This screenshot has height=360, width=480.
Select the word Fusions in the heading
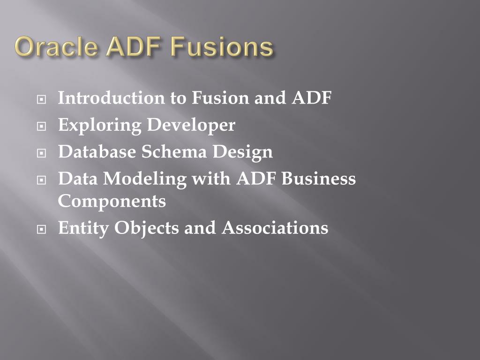click(x=221, y=48)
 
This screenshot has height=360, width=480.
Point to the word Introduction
click(x=111, y=98)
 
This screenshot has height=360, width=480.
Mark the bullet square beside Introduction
click(x=42, y=100)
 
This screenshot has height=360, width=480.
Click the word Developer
click(x=191, y=126)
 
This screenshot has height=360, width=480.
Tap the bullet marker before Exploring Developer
click(x=42, y=127)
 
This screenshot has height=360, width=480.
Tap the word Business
click(x=319, y=179)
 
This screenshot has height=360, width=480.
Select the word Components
click(x=112, y=202)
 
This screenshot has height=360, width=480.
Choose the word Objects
click(x=147, y=228)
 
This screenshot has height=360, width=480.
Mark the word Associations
click(x=275, y=228)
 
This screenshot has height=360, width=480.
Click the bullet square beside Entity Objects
click(x=42, y=230)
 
